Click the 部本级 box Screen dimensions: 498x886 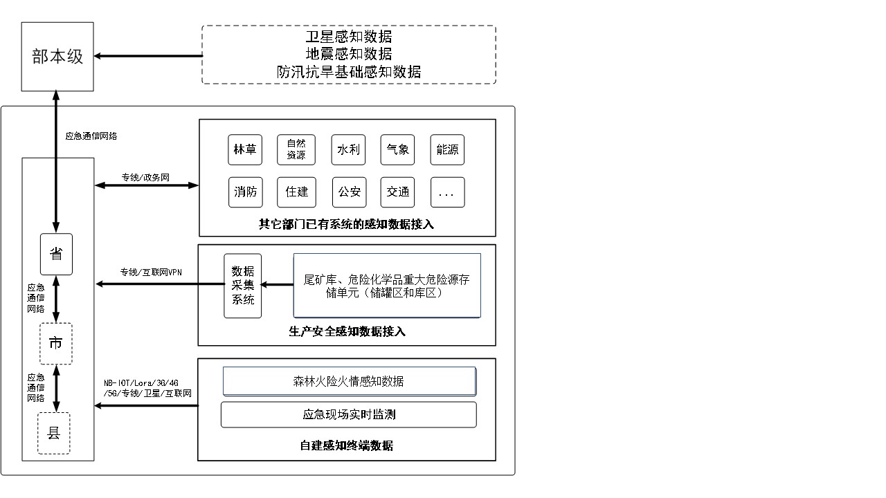point(57,57)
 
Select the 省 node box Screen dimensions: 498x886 point(56,254)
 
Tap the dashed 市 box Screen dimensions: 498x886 point(56,343)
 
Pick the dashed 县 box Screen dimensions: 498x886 point(54,434)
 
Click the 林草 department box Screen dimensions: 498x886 point(245,149)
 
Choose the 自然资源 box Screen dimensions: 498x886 point(296,149)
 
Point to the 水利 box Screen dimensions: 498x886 point(348,149)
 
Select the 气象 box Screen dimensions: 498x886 point(398,149)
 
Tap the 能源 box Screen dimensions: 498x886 point(447,149)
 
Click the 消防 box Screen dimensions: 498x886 point(246,192)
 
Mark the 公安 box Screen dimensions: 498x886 point(349,192)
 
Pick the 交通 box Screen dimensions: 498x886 point(398,192)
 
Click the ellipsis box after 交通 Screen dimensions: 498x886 point(447,192)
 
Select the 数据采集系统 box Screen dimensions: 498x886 point(243,286)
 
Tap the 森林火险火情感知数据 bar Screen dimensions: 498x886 point(349,381)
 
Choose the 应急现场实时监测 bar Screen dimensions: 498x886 point(349,414)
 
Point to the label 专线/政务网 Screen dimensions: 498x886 point(146,177)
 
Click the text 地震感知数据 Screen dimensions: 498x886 point(349,54)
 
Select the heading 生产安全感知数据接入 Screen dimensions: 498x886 point(347,331)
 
